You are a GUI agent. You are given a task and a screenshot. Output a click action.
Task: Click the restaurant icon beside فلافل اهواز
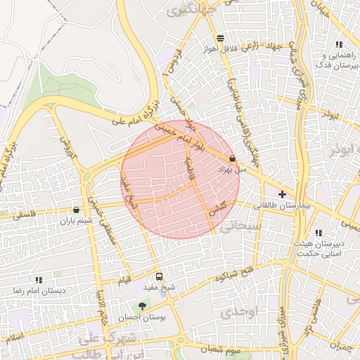(x=221, y=38)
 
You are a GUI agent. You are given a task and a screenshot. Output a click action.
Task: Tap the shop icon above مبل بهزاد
(x=232, y=159)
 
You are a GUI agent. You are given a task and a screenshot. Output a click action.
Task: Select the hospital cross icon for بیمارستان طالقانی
(x=283, y=194)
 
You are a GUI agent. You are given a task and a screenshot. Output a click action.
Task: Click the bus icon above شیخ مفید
(x=159, y=276)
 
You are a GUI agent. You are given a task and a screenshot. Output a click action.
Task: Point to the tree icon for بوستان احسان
(x=143, y=306)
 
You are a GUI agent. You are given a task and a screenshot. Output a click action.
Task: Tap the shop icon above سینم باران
(x=76, y=210)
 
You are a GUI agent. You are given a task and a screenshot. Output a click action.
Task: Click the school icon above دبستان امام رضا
(x=39, y=279)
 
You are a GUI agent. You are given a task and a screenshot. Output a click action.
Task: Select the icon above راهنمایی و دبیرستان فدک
(x=339, y=44)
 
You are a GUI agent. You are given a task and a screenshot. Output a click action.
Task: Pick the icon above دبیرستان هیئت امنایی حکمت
(x=319, y=233)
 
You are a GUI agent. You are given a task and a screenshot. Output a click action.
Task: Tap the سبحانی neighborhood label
(x=239, y=226)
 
